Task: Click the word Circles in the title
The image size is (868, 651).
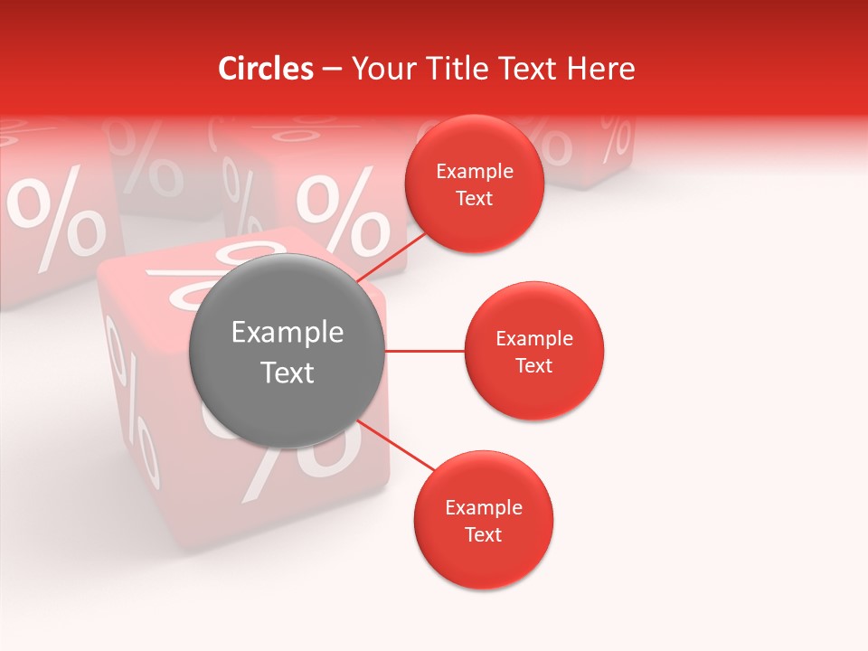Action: click(265, 69)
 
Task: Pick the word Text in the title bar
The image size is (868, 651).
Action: click(542, 69)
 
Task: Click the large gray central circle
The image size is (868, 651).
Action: click(288, 351)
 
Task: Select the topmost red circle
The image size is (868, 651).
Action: click(475, 184)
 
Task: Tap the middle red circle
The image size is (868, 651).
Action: click(534, 351)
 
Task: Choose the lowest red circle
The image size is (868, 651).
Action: click(483, 520)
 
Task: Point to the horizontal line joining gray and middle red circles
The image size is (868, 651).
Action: click(425, 351)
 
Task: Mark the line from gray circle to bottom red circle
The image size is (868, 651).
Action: click(396, 445)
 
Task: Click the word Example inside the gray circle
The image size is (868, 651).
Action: click(288, 333)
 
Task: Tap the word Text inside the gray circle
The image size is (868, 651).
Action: click(288, 373)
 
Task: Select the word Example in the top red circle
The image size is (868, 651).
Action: click(475, 172)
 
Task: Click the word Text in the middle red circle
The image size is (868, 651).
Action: click(534, 365)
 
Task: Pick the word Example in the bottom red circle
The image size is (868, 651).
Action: click(484, 508)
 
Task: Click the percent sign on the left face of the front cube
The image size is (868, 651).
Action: click(132, 398)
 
